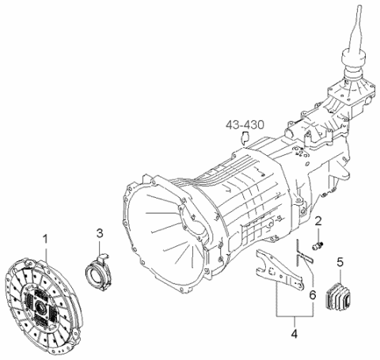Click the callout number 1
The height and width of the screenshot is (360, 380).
pos(45,237)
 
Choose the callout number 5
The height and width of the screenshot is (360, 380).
pos(340,262)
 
